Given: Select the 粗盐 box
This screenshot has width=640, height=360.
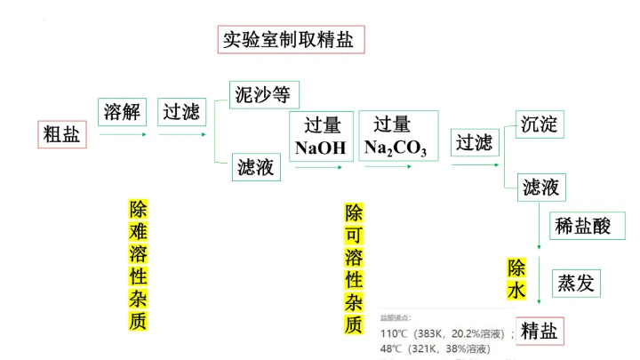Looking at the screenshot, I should pos(62,134).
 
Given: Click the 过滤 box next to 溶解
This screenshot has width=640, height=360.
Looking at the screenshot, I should pos(180,112).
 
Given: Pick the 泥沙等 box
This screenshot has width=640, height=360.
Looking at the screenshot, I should pos(263,93).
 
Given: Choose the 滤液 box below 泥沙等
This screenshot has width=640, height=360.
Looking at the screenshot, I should pos(256,166).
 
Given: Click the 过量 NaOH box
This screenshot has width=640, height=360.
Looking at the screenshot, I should pos(320,136).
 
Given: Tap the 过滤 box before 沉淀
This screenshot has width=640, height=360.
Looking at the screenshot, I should pos(474,142).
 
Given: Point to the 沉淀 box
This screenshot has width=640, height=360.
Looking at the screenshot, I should pos(540,124).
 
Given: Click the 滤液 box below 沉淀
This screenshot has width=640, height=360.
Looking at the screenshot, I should pos(540,187).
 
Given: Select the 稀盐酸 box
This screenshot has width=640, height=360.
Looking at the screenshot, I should pos(582,225).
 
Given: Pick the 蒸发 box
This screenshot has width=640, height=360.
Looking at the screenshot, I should pos(574,284).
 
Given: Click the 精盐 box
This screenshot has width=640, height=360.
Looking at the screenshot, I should pos(540,331).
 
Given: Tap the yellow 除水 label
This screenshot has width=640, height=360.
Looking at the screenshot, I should pos(517,279).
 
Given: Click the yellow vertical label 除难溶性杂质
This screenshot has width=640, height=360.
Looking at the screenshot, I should pos(138,265).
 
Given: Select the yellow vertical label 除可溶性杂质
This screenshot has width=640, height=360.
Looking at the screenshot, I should pos(355,268).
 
